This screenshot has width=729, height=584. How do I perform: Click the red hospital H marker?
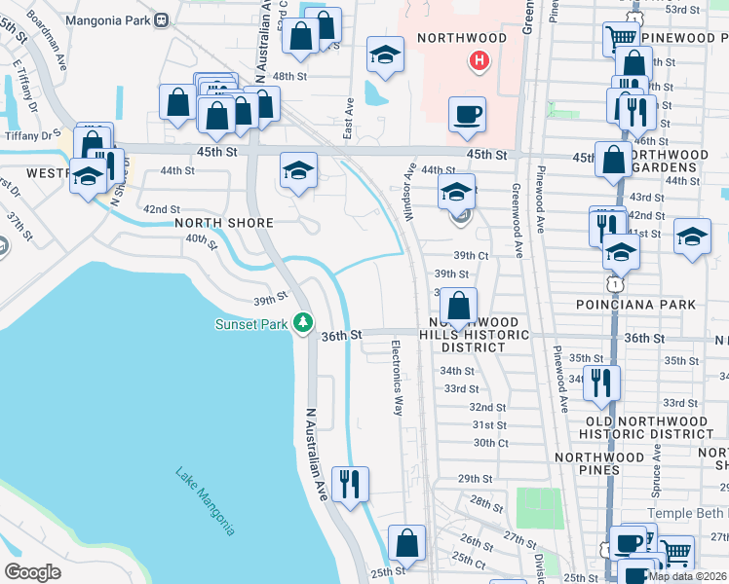point(479,61)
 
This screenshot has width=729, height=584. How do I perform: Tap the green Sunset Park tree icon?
point(304,321)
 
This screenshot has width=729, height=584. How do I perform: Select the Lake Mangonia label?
point(206,502)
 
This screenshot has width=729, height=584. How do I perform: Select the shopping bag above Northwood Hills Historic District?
point(457,305)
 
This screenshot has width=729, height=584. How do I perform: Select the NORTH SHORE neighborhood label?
point(223,222)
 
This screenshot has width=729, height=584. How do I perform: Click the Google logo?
point(33,572)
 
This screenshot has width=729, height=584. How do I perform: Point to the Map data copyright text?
point(687,576)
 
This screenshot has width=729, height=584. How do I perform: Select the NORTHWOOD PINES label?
point(599,463)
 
